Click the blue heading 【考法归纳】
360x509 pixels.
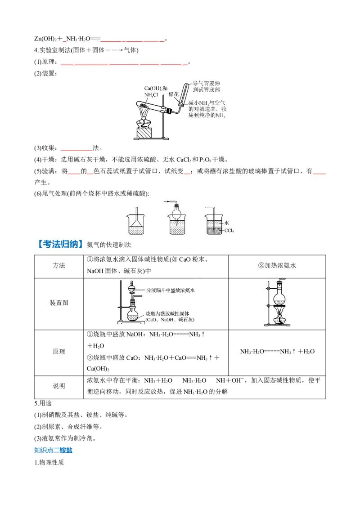coord(58,244)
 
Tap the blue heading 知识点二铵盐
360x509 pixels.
coord(53,450)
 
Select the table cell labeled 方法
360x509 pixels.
coord(59,266)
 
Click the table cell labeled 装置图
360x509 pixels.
coord(59,303)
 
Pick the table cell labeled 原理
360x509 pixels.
coord(59,352)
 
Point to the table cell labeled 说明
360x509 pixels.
coord(59,386)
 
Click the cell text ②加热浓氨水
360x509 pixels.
coord(277,266)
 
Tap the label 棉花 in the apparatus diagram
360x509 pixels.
coord(174,94)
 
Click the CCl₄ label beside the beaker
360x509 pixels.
coord(229,231)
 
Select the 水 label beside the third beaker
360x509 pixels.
coord(226,223)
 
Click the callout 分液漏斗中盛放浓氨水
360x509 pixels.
coord(170,290)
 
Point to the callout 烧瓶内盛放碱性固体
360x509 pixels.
coord(167,313)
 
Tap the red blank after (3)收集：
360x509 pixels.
coord(76,150)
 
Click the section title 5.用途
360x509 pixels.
coord(43,403)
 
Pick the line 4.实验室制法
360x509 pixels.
coord(86,50)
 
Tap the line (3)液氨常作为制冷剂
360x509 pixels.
coord(65,438)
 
